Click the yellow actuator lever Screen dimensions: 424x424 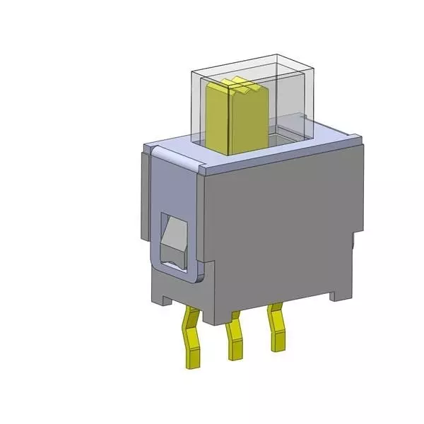coord(244,120)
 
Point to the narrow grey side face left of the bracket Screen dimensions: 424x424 coord(145,212)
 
